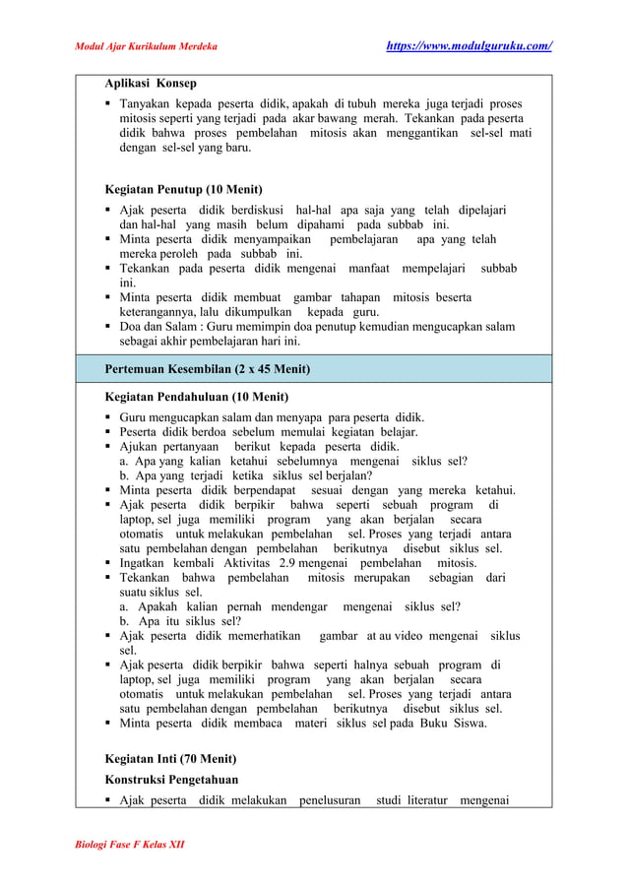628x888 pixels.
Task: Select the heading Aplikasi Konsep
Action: pos(151,83)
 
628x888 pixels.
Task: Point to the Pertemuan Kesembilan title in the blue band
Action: pos(207,370)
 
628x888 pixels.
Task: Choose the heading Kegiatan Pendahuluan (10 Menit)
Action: pos(196,398)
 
